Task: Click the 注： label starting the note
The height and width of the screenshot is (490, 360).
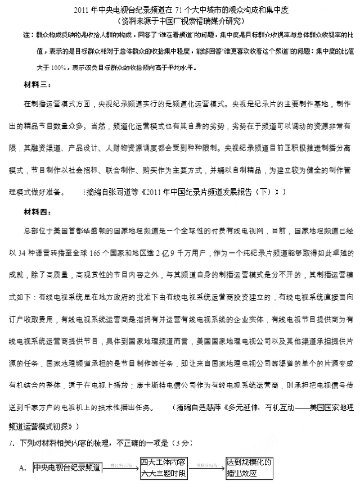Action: point(26,35)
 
